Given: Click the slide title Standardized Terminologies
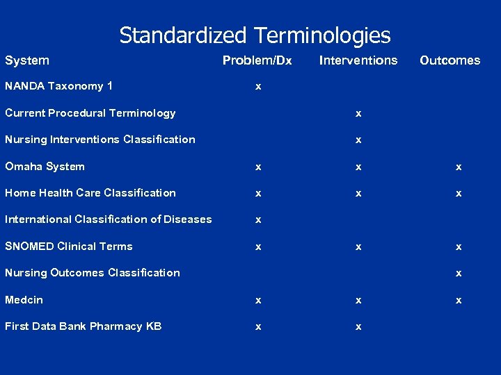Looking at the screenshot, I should click(x=255, y=35).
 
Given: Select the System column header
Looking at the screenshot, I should click(x=27, y=60).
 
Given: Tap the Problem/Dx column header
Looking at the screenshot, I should click(x=257, y=60).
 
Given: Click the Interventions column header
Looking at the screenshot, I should click(x=358, y=60).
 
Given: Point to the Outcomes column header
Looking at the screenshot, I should click(x=450, y=60).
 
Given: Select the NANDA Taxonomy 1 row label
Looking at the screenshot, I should click(x=59, y=86).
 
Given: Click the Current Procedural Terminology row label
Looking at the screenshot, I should click(x=90, y=113).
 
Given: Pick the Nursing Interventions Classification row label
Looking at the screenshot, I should click(x=100, y=140).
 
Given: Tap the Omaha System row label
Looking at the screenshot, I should click(x=45, y=167).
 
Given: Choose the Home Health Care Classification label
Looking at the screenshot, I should click(x=90, y=193).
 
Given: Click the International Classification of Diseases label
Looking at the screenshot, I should click(x=109, y=219).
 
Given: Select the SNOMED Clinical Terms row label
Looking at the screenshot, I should click(x=69, y=247).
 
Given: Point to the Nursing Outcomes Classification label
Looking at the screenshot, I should click(x=93, y=273).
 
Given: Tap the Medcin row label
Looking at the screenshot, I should click(x=24, y=300).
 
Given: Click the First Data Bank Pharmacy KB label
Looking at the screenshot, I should click(x=83, y=326).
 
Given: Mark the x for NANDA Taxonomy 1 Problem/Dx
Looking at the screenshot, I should click(x=258, y=87).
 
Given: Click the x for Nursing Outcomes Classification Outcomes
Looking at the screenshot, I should click(x=459, y=274).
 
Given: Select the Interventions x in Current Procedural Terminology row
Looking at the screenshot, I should click(x=358, y=114).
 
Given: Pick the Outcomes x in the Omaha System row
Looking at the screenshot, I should click(x=459, y=167).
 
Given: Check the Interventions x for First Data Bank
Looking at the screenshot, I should click(x=358, y=327).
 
